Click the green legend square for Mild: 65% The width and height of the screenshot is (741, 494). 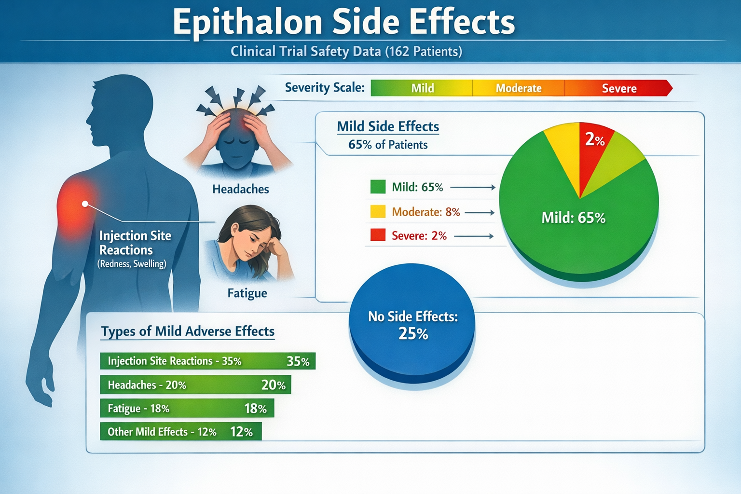(378, 187)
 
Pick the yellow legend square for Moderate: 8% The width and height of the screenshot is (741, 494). (378, 212)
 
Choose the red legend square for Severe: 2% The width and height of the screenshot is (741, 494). (378, 235)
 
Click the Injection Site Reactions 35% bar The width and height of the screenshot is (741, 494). (207, 361)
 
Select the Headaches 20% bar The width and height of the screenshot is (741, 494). (195, 385)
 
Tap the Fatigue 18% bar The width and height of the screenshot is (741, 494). (187, 409)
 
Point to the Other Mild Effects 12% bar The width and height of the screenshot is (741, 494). (180, 431)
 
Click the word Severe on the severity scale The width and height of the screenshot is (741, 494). (619, 88)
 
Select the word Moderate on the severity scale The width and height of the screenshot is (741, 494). (519, 88)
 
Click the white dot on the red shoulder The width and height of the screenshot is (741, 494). (85, 204)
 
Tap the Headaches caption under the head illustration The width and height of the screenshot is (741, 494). (240, 189)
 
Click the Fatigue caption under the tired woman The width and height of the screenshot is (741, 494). (247, 293)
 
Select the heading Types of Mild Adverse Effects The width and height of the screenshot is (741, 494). (188, 331)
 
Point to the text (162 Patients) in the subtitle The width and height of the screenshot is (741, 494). (424, 51)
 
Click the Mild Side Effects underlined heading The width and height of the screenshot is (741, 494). (388, 126)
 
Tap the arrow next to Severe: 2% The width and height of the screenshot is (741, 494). (474, 236)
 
